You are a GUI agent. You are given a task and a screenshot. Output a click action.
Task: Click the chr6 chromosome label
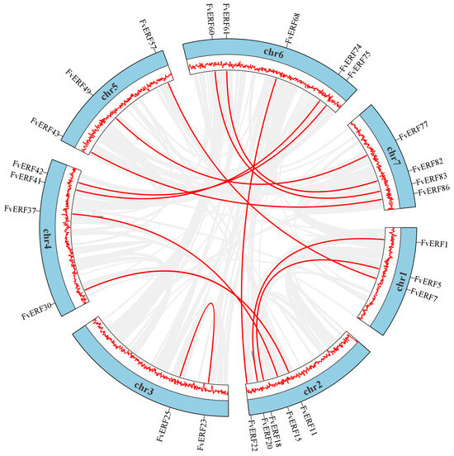click(274, 52)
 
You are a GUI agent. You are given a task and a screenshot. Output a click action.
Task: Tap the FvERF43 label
click(46, 121)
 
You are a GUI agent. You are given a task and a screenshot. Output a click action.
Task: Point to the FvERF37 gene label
click(23, 209)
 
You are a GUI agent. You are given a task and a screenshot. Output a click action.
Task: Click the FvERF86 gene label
click(433, 191)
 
